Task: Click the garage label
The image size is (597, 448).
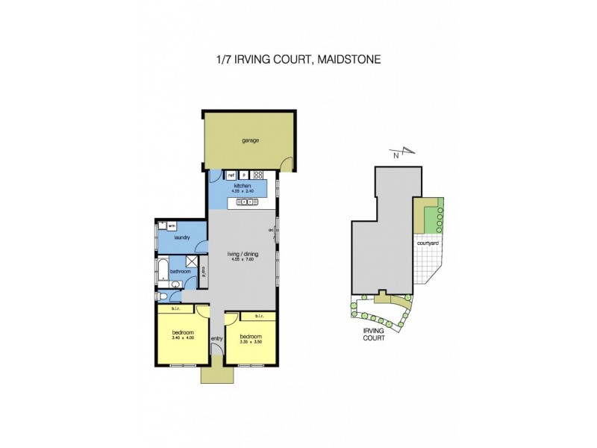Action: coord(249,140)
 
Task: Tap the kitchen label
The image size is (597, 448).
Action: coord(243,186)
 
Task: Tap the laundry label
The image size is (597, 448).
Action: coord(181,237)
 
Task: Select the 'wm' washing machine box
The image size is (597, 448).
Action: coord(171,225)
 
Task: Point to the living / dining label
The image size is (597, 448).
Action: coord(242,255)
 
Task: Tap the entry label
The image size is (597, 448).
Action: coord(216,339)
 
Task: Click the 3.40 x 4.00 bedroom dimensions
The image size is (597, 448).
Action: coord(182,337)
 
